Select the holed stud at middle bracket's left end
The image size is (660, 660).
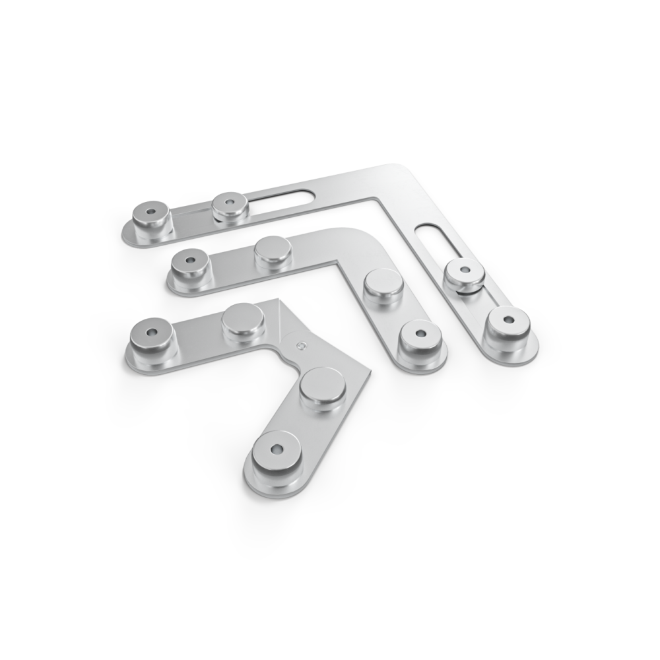189,265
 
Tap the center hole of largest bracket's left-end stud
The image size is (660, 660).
151,213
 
